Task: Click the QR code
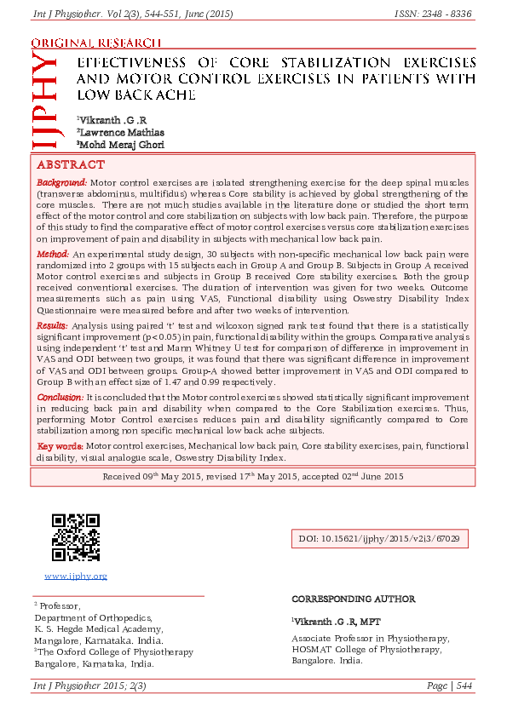[75, 537]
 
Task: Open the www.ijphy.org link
[76, 576]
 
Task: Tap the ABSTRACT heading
[71, 165]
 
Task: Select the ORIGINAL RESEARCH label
[95, 43]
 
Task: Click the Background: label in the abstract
[61, 183]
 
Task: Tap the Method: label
[54, 255]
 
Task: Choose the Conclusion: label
[60, 397]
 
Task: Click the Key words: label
[60, 445]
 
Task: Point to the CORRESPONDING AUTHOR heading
[353, 599]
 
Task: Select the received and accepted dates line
[253, 476]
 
